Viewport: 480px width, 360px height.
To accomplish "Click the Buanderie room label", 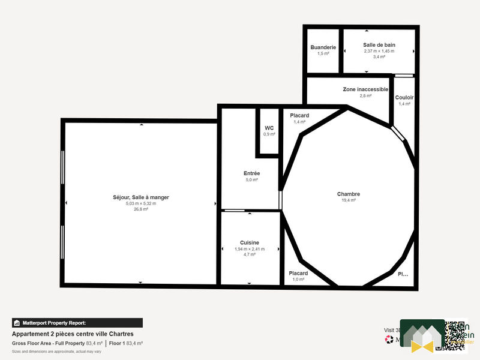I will click(x=323, y=47).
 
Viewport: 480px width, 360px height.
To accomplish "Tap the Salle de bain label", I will click(x=379, y=45).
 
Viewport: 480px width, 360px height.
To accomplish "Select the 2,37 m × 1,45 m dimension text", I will click(x=379, y=51).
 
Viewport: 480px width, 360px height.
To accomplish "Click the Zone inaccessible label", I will click(x=365, y=89).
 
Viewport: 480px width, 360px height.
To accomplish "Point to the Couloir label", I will click(x=404, y=98).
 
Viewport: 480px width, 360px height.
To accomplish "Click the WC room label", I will click(x=269, y=128).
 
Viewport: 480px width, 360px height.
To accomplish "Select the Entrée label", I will click(x=251, y=173).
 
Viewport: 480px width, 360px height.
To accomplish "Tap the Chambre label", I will click(x=349, y=194).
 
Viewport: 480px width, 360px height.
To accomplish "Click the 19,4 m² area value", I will click(x=349, y=200).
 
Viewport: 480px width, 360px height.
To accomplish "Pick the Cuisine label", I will click(x=250, y=242).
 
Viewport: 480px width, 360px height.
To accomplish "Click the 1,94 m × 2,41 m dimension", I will click(x=250, y=248).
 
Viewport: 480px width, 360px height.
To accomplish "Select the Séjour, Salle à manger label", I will click(x=141, y=197).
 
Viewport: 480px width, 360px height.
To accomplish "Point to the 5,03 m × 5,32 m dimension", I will click(x=141, y=203).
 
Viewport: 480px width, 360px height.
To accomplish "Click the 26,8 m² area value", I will click(x=141, y=209).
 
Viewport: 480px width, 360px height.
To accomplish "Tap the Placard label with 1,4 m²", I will click(x=299, y=115).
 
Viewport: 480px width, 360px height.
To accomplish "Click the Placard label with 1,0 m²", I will click(x=298, y=273).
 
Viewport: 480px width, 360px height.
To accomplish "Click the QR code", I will click(x=455, y=335).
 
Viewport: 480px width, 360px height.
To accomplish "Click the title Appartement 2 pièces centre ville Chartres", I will click(x=73, y=334).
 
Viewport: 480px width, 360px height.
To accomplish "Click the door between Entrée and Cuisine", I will click(x=234, y=211).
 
